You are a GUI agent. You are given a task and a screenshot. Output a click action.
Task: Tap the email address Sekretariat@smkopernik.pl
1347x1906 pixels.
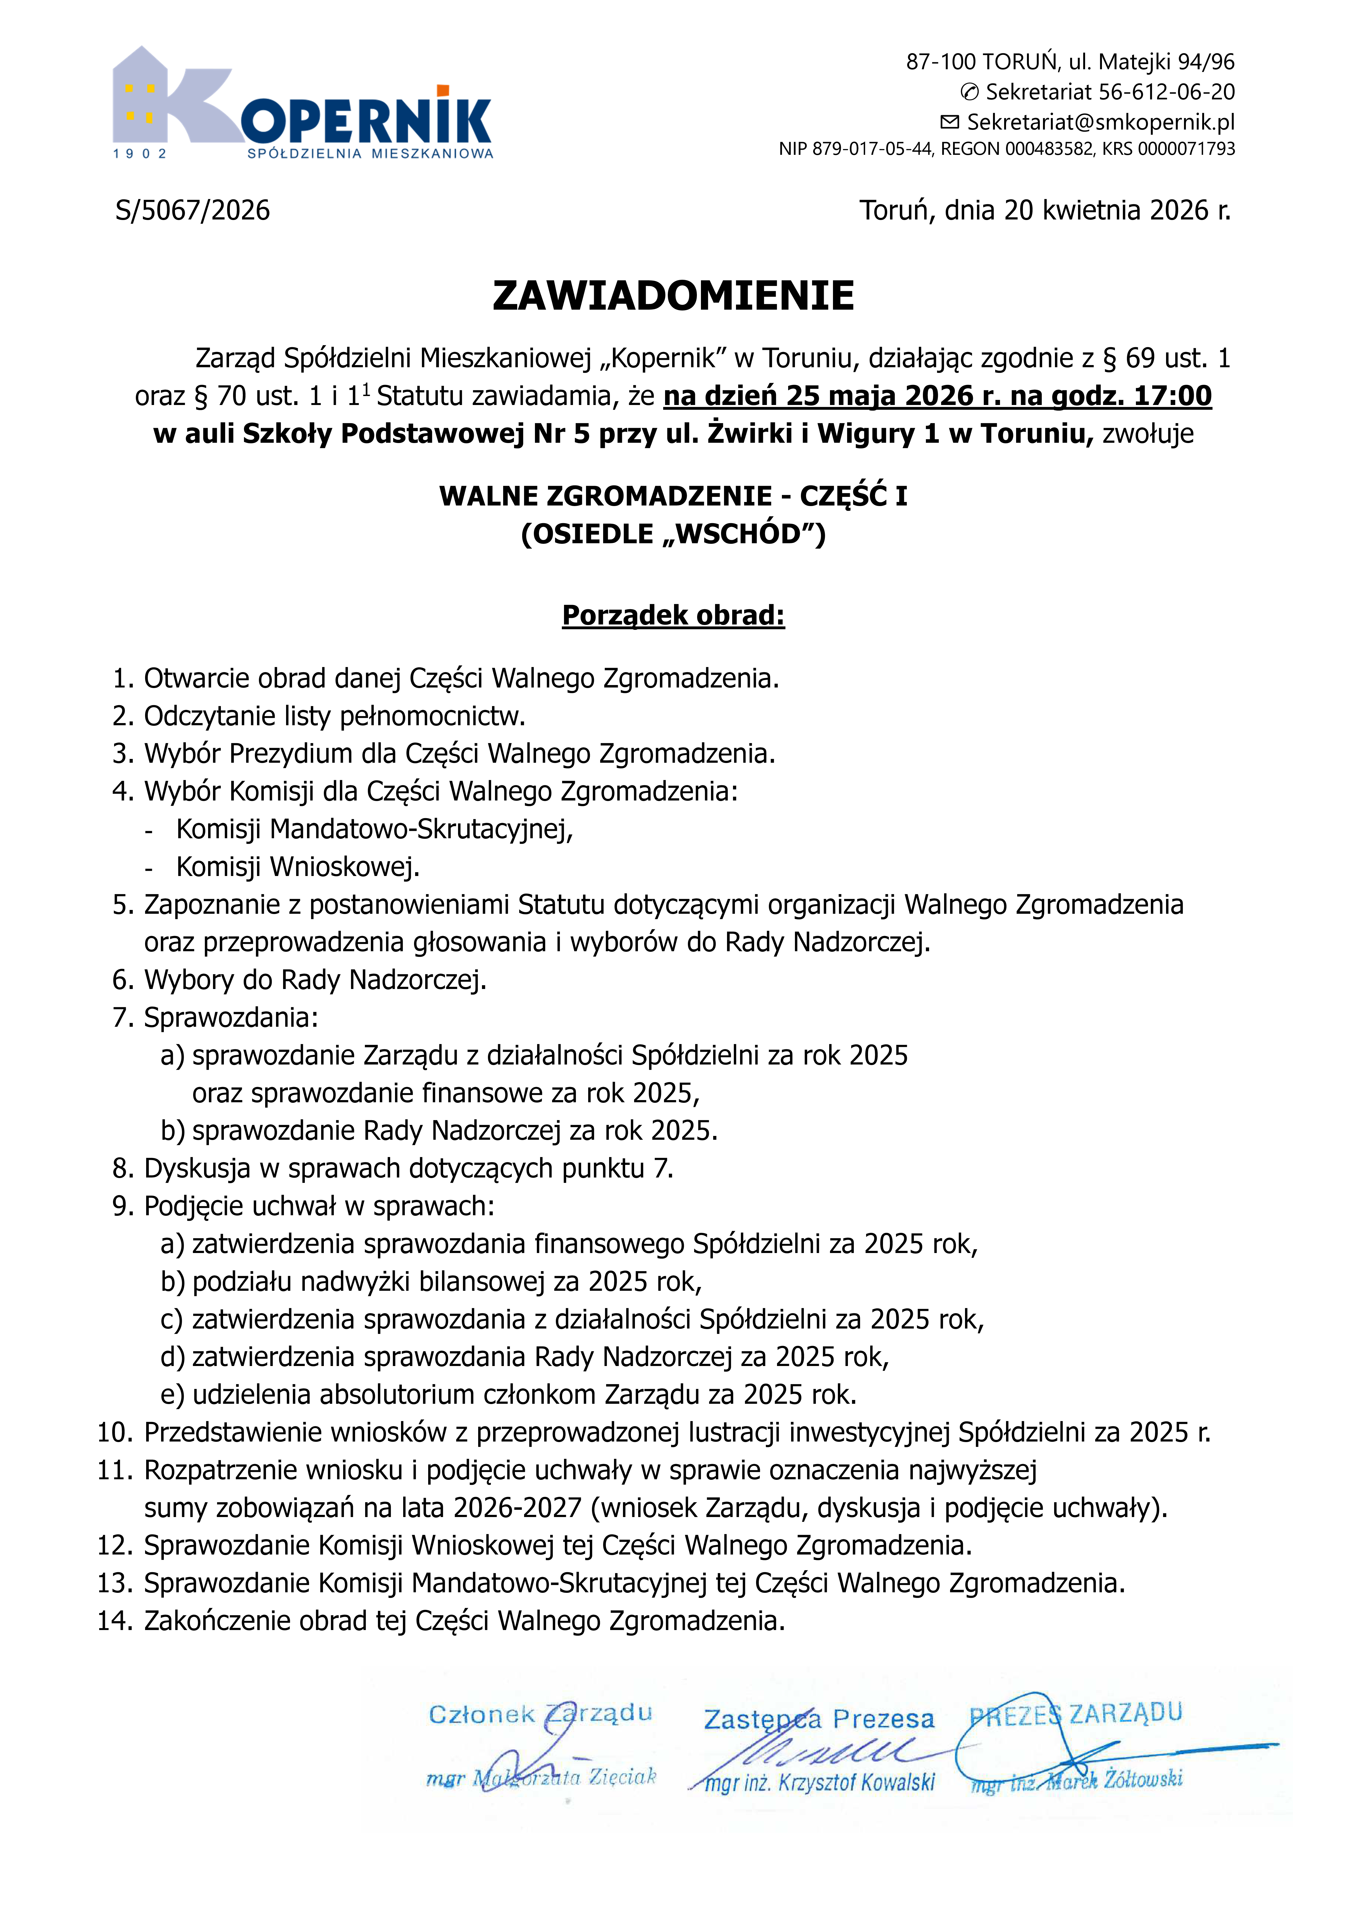coord(1100,122)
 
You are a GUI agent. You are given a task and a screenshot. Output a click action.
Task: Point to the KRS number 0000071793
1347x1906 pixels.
coord(1186,149)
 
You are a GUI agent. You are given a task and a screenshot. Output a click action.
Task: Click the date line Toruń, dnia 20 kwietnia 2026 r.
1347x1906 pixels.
coord(1045,210)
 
